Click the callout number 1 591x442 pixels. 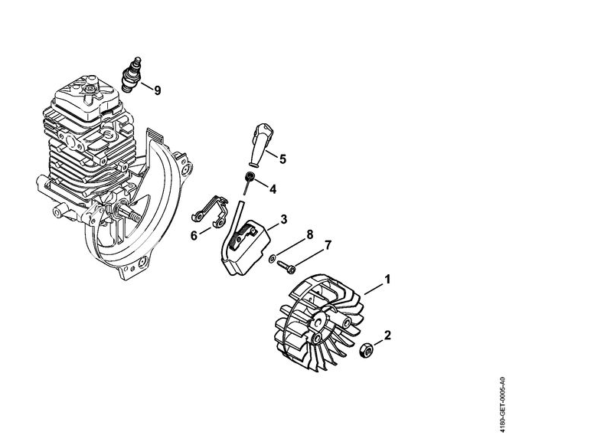(x=387, y=280)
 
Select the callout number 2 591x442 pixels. (x=387, y=335)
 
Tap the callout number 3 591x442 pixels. (x=283, y=219)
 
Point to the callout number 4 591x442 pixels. (x=273, y=188)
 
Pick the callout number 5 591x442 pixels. (x=282, y=159)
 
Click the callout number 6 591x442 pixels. (x=194, y=236)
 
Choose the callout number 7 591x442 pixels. (x=328, y=245)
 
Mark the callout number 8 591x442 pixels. (x=309, y=234)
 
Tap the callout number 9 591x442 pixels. (x=158, y=90)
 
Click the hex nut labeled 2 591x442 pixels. (x=366, y=350)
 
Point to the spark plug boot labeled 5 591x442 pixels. (x=260, y=144)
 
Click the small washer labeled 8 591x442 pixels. (x=271, y=259)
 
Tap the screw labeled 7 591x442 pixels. (x=286, y=267)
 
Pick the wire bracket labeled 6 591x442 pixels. (x=210, y=212)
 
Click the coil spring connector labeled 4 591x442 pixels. (x=248, y=182)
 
